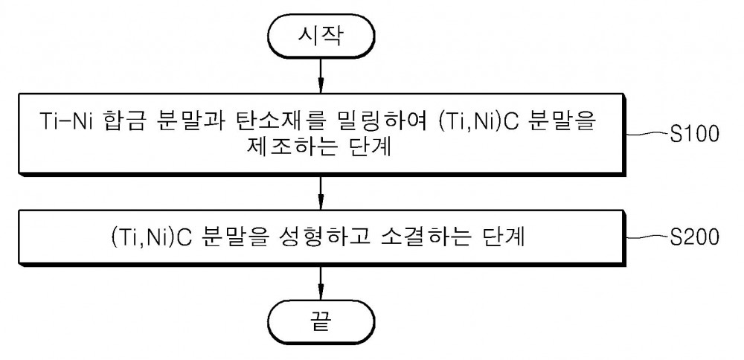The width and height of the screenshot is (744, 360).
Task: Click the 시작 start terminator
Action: pos(321,37)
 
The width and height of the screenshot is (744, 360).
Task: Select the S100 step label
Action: pos(694,135)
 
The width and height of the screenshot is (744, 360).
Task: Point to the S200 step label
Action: pos(694,237)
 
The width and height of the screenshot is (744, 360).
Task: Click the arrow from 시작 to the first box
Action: pos(321,75)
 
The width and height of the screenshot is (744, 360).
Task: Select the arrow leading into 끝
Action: pos(321,283)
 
